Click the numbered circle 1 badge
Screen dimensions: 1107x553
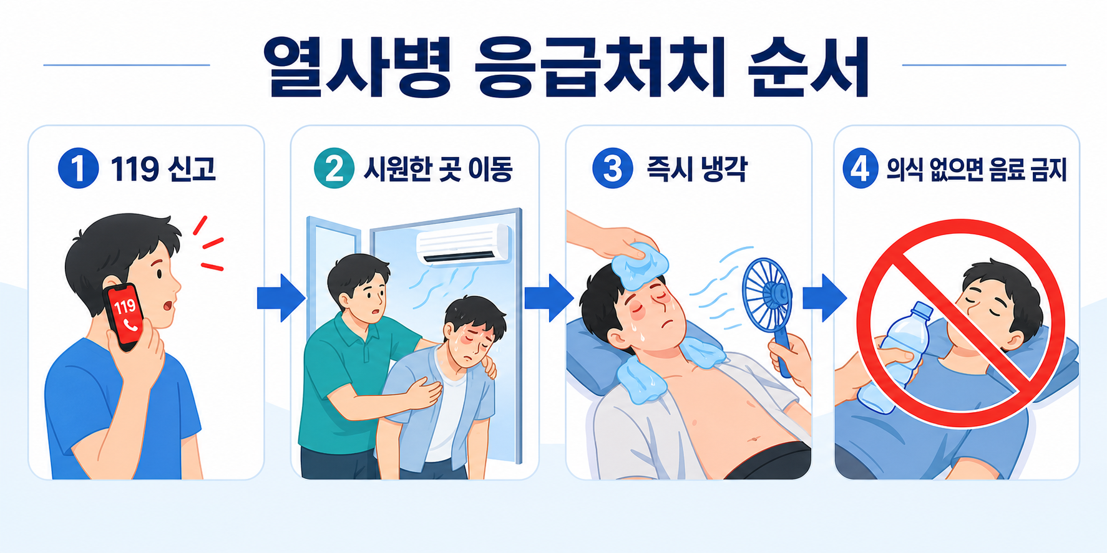[78, 168]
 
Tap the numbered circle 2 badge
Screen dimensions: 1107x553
[334, 168]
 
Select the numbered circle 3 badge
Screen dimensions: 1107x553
[613, 168]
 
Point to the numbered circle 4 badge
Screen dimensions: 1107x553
[861, 168]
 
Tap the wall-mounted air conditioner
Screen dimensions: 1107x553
[463, 244]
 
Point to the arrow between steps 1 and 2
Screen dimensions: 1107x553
[281, 298]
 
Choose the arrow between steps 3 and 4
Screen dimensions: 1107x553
[824, 298]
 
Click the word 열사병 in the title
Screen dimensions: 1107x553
[356, 67]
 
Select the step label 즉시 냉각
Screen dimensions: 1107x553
[696, 169]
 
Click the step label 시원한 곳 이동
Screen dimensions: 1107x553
[438, 169]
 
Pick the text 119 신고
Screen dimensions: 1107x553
[163, 169]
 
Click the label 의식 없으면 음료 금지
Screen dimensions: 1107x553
[977, 169]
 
